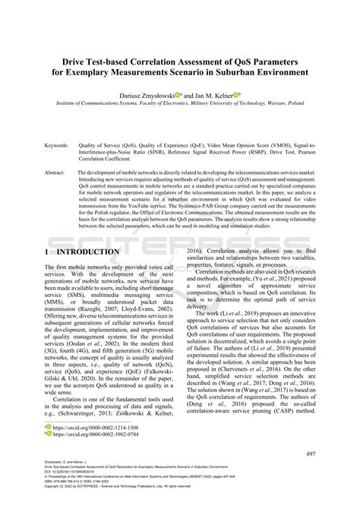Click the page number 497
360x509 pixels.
308,454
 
